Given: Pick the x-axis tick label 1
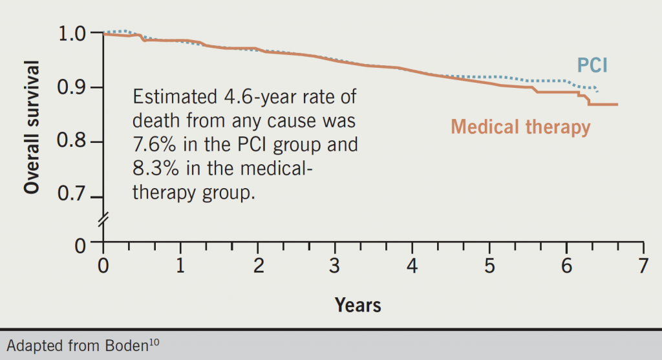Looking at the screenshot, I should [180, 266].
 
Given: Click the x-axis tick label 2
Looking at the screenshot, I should [257, 266].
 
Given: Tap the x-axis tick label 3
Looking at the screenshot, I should [335, 266].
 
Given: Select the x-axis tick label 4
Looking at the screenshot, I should [412, 266].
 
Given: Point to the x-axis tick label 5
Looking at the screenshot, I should [489, 266].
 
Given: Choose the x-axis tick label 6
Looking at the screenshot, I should [566, 266].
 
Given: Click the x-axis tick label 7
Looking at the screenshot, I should [643, 266].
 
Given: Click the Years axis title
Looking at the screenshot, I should [358, 304].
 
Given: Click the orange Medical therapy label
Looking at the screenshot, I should [520, 126].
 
